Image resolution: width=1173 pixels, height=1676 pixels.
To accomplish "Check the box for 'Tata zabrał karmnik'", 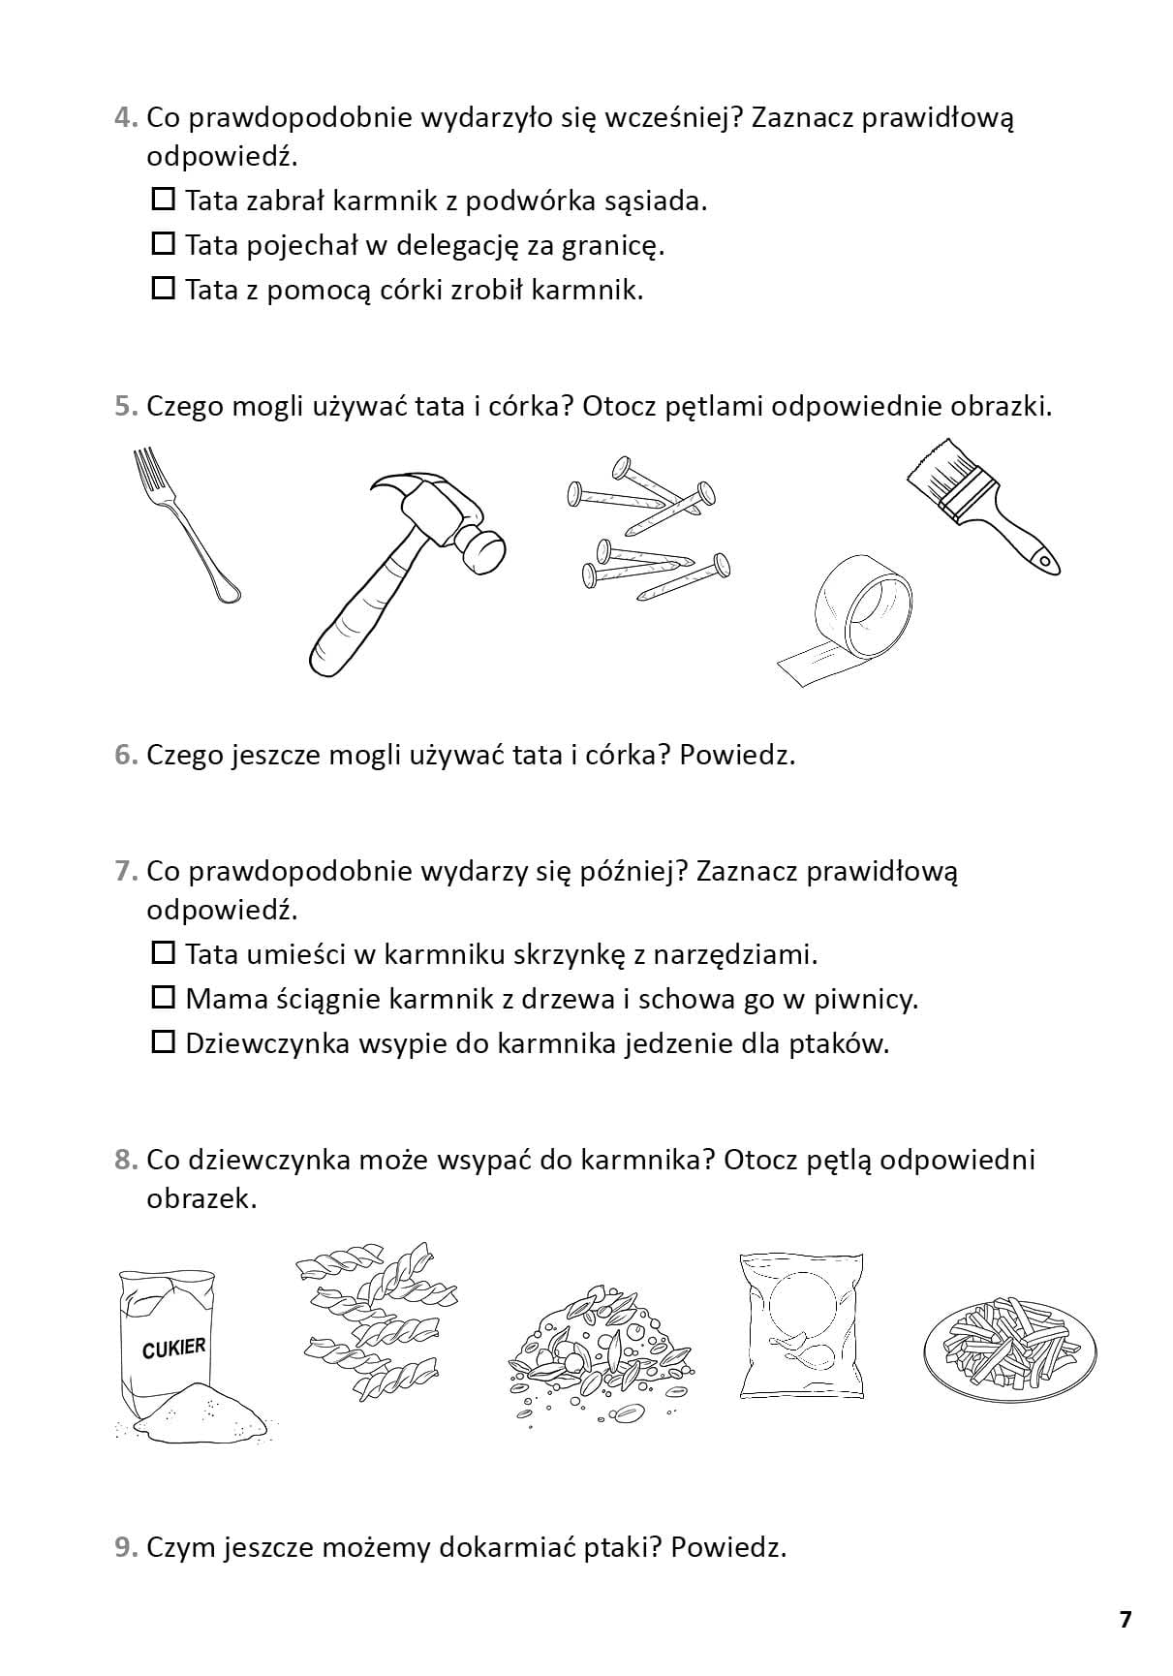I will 164,200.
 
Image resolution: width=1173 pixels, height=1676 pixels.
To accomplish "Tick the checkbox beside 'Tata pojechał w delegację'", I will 164,243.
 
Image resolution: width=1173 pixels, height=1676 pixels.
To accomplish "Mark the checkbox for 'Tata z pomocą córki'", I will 164,288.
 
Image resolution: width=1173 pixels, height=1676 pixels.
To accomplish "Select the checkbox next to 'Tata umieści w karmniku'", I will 164,953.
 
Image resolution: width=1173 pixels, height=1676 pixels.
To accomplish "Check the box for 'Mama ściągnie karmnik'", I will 164,997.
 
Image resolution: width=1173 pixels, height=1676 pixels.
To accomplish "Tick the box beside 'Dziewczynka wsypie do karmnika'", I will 164,1041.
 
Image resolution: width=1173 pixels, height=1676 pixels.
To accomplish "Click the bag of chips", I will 800,1323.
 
